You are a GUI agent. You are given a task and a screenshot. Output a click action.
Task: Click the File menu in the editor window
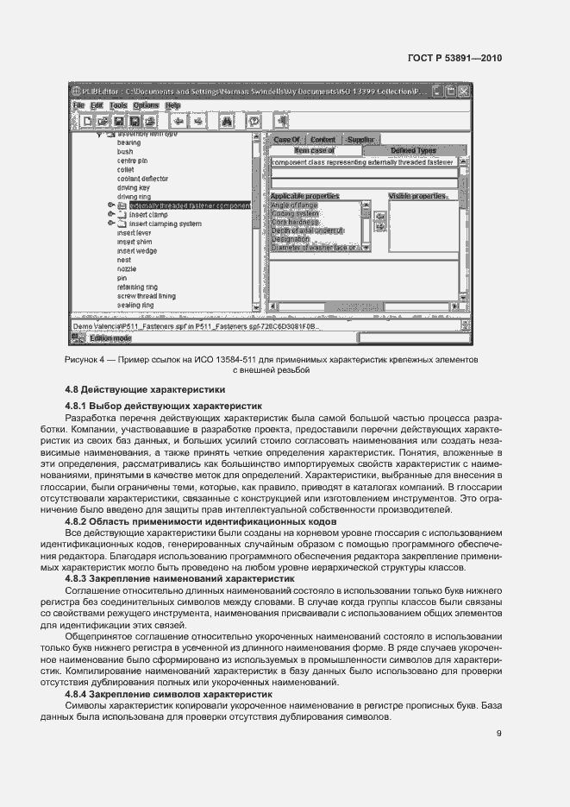(x=78, y=105)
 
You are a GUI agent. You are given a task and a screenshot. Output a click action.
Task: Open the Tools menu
(x=117, y=105)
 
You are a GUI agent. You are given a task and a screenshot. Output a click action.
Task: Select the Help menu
(x=172, y=105)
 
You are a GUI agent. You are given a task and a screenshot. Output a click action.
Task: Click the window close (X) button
(x=463, y=91)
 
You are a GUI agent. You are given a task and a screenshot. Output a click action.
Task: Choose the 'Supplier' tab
(x=361, y=139)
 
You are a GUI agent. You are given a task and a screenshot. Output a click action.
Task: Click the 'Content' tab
(x=323, y=139)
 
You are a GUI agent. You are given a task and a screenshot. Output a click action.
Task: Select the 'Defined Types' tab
(x=413, y=150)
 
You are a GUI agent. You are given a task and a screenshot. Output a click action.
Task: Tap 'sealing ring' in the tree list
(x=135, y=305)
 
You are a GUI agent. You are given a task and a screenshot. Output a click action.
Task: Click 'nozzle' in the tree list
(x=127, y=269)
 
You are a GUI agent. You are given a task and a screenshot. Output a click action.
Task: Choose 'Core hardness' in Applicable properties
(x=295, y=223)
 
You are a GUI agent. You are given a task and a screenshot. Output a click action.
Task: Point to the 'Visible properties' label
(x=417, y=196)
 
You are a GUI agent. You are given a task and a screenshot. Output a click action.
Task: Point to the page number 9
(x=498, y=734)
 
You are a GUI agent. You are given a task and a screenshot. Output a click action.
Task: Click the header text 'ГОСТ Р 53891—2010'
(x=454, y=58)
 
